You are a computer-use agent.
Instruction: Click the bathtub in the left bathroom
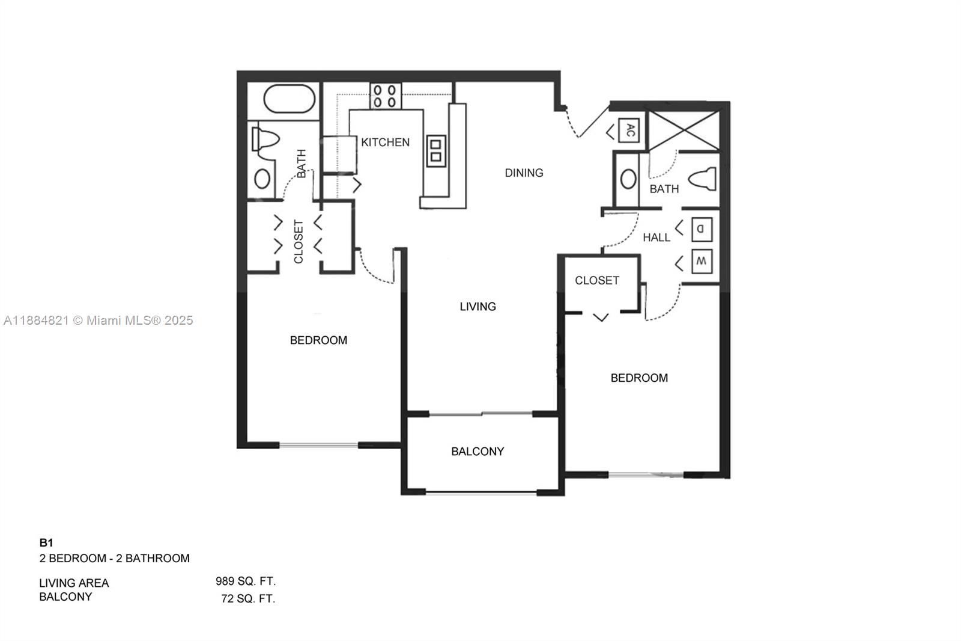(x=290, y=100)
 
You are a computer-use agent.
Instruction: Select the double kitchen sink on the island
(x=435, y=151)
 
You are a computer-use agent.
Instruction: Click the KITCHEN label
(x=385, y=143)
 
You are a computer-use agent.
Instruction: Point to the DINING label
(x=524, y=173)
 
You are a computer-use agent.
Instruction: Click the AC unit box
(x=629, y=130)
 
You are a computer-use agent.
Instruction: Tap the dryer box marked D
(x=701, y=229)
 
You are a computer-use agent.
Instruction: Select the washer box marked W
(x=701, y=262)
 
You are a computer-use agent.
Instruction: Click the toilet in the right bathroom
(x=703, y=179)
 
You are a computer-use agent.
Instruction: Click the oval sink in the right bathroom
(x=628, y=179)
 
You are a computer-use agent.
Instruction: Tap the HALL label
(x=656, y=238)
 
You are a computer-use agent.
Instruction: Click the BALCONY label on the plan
(x=477, y=452)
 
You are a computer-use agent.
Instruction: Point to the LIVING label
(x=477, y=307)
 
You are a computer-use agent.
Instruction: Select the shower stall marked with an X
(x=685, y=130)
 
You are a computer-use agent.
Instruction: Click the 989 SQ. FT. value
(x=246, y=581)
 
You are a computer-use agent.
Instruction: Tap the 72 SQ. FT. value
(x=248, y=598)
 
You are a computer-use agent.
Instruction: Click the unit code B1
(x=46, y=542)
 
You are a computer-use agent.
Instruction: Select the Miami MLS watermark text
(x=99, y=320)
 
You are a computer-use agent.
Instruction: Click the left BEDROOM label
(x=318, y=340)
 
